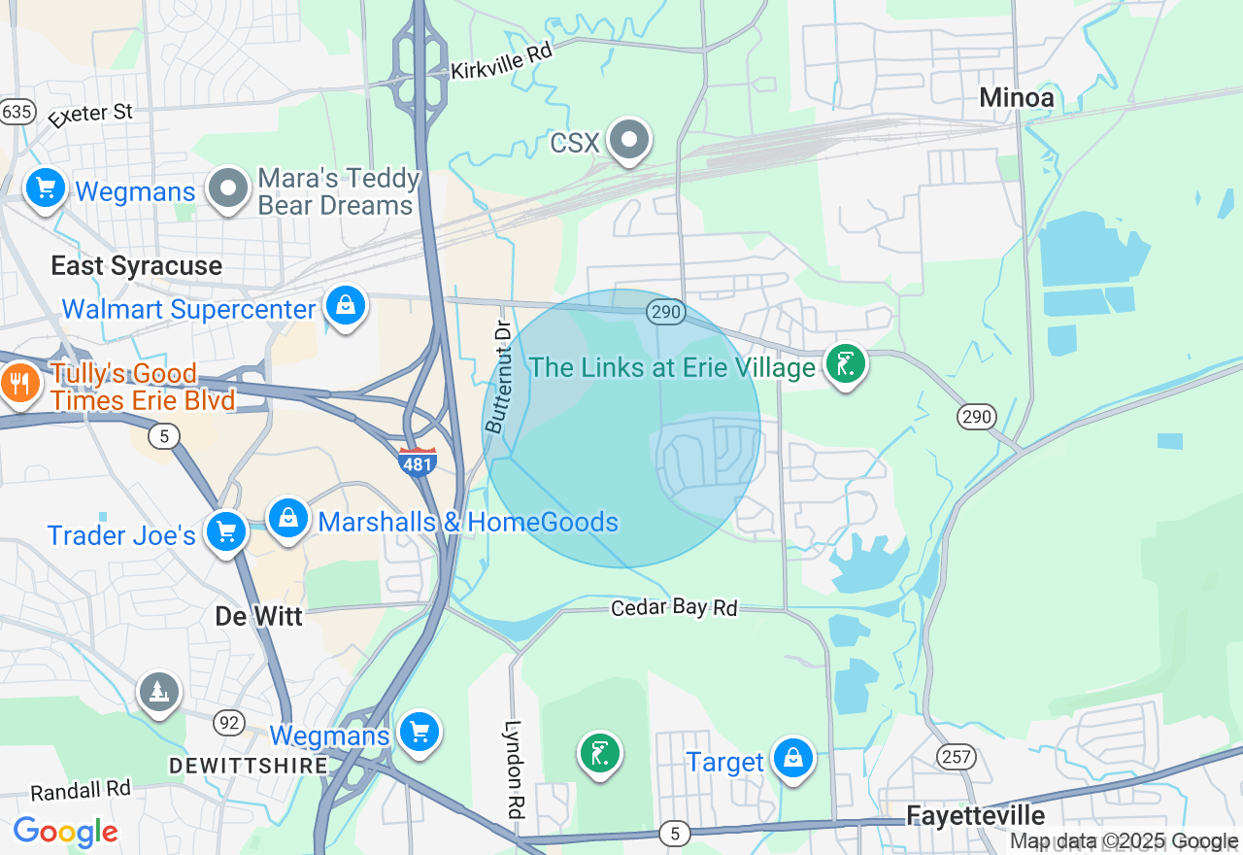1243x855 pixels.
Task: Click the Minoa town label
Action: click(1016, 97)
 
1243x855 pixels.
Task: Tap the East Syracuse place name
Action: click(136, 265)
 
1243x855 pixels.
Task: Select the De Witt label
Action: click(258, 616)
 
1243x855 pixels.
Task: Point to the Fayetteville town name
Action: click(975, 814)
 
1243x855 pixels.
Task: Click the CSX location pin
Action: click(629, 140)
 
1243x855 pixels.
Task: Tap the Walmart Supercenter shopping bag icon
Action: click(345, 306)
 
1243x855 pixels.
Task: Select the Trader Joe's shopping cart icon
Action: click(226, 532)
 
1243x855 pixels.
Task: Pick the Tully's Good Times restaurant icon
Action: click(17, 384)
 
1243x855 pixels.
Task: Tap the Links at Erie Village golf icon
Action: click(845, 365)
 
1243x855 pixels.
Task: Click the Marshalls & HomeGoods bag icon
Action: click(288, 519)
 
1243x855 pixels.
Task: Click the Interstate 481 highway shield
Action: click(417, 462)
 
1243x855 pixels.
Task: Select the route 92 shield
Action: click(229, 722)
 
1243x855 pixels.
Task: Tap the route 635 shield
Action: click(17, 111)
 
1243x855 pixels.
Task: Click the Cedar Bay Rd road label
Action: click(674, 607)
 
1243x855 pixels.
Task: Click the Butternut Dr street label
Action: click(497, 377)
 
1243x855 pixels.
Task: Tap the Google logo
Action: click(65, 832)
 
